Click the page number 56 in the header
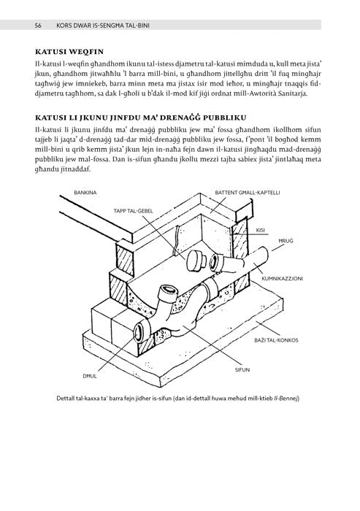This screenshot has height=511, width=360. [38, 26]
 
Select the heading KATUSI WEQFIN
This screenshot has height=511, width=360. [69, 52]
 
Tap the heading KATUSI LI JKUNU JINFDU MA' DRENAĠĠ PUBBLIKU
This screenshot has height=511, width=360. [140, 118]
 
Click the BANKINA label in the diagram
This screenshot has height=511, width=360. [85, 193]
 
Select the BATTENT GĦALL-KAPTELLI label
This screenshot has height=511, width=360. [248, 193]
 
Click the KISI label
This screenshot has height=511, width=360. [260, 231]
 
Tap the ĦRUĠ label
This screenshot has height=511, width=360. [286, 241]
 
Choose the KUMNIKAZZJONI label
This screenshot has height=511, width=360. [283, 279]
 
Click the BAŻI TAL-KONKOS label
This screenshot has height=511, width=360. [276, 340]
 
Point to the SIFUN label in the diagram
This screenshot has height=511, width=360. [242, 370]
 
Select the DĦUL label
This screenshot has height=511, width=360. [90, 376]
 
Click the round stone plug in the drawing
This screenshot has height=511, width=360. [195, 261]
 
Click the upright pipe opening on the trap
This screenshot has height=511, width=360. [169, 289]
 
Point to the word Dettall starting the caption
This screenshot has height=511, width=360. [65, 399]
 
